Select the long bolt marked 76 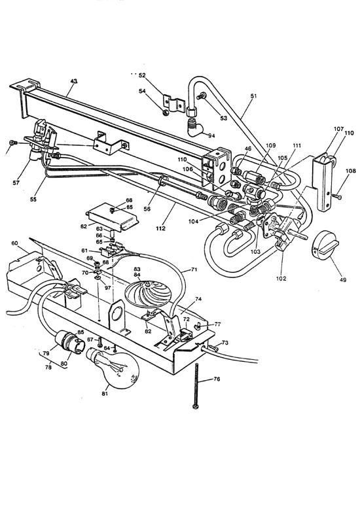click(x=195, y=386)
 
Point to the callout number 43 click(x=73, y=81)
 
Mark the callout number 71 click(x=194, y=269)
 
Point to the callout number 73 click(x=225, y=342)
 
